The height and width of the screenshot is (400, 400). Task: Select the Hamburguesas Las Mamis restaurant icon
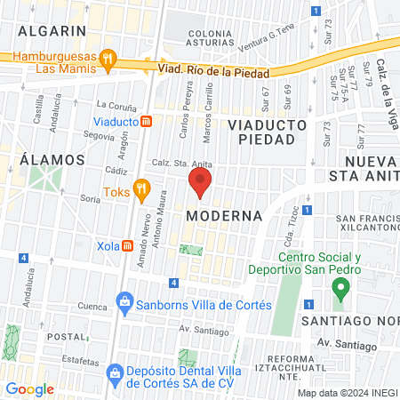pyautogui.click(x=108, y=60)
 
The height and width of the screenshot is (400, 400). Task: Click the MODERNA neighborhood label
pyautogui.click(x=225, y=216)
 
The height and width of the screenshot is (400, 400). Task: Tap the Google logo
pyautogui.click(x=30, y=388)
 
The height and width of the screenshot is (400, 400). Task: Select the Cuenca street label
pyautogui.click(x=67, y=305)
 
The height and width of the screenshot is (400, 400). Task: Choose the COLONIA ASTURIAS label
pyautogui.click(x=210, y=38)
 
